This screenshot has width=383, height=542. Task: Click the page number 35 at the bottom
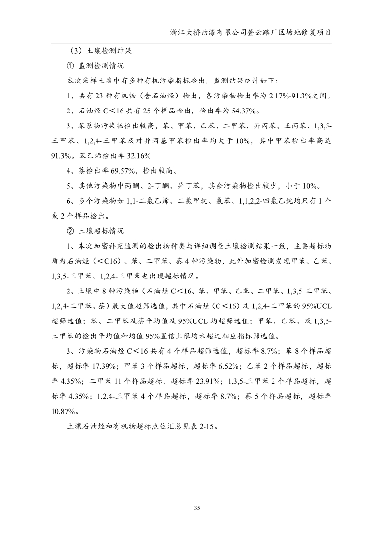click(x=196, y=507)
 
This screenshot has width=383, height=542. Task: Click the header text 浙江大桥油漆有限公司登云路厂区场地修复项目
click(x=251, y=33)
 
